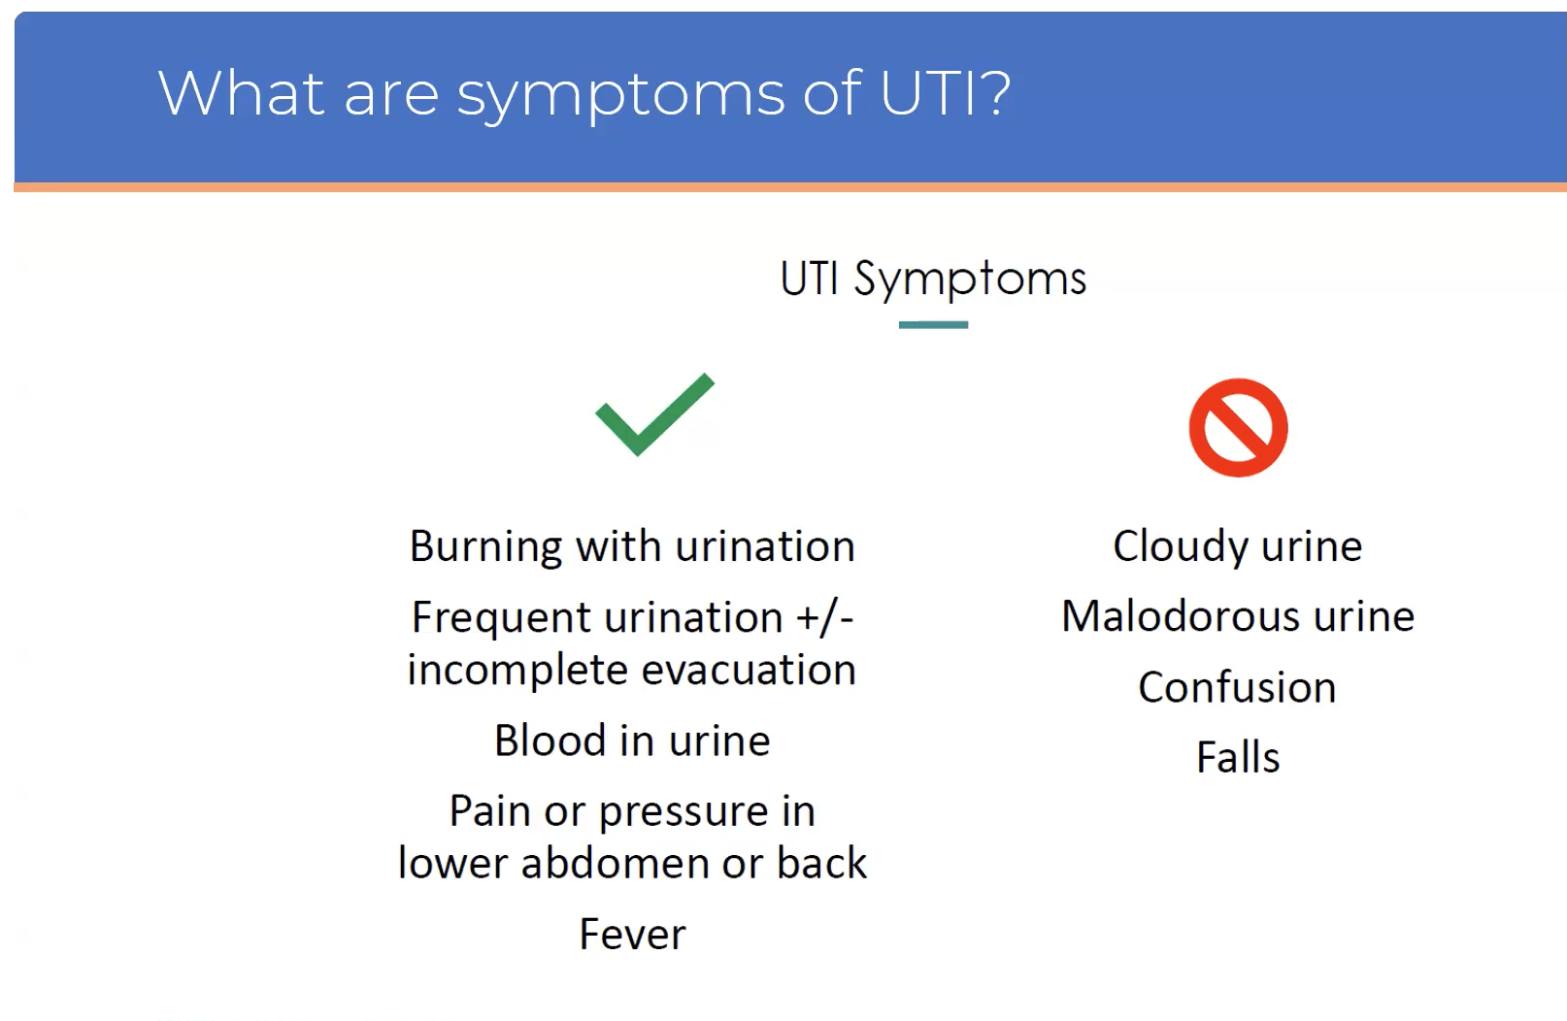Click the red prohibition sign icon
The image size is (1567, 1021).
click(x=1238, y=427)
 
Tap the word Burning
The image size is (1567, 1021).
click(x=484, y=546)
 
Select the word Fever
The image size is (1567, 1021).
click(x=632, y=935)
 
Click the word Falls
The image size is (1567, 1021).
click(x=1238, y=758)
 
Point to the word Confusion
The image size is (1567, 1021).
click(x=1237, y=688)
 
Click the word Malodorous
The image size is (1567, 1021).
click(x=1180, y=617)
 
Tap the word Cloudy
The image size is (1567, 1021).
click(x=1179, y=546)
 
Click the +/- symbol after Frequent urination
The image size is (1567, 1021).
click(x=824, y=618)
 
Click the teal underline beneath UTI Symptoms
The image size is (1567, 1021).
click(x=933, y=325)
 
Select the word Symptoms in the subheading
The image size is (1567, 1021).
click(x=969, y=280)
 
